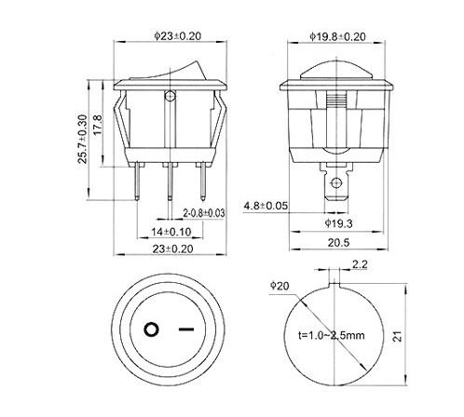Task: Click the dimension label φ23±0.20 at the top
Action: (178, 36)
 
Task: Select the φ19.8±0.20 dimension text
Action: (337, 36)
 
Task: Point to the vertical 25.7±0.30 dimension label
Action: (83, 140)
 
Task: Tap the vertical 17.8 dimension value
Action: (97, 125)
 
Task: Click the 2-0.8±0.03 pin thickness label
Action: (204, 213)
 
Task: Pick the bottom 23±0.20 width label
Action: (172, 249)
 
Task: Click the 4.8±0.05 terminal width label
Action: (266, 206)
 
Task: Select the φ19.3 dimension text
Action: (338, 223)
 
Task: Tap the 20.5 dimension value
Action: (338, 242)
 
